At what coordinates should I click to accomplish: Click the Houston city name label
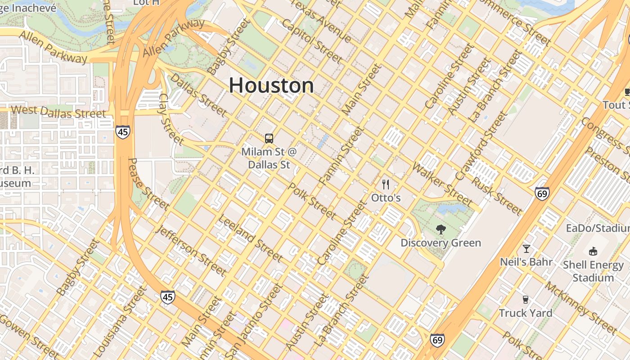(271, 85)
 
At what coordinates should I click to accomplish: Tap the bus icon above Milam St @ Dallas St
(269, 139)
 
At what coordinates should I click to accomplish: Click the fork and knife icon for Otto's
(386, 184)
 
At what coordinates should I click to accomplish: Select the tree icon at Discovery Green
(441, 229)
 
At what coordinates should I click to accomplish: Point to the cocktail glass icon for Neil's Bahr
(526, 248)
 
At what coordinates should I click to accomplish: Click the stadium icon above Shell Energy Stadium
(593, 251)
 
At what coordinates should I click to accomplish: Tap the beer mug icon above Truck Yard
(525, 300)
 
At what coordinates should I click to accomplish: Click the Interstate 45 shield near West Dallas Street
(122, 131)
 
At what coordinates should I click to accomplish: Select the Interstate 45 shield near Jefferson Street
(167, 297)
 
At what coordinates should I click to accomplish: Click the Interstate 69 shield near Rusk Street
(542, 193)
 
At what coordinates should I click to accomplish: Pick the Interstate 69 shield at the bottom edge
(437, 340)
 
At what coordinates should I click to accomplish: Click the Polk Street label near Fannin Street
(311, 201)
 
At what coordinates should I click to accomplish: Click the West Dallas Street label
(58, 112)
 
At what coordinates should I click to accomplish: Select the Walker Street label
(442, 184)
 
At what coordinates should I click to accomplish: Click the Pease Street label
(148, 184)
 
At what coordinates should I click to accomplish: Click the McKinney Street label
(581, 308)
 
